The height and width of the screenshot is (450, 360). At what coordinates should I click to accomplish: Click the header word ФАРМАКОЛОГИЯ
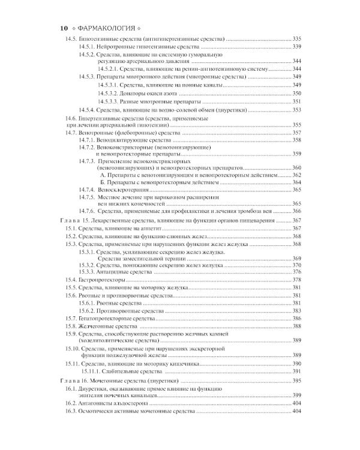[x=103, y=28]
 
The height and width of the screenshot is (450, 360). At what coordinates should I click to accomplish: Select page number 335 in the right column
[x=296, y=38]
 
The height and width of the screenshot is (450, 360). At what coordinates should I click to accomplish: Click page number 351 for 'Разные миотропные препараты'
[x=296, y=101]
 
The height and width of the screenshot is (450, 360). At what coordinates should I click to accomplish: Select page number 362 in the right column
[x=296, y=174]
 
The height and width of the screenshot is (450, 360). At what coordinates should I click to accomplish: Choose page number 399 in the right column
[x=296, y=395]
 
